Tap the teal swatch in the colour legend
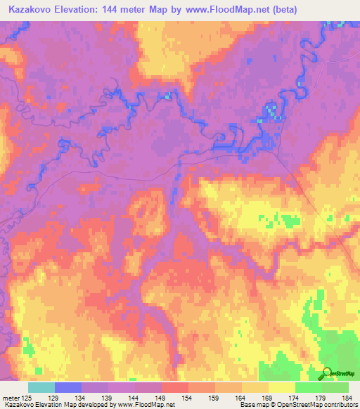coord(41,387)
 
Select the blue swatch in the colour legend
coord(67,387)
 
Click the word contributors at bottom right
coord(340,404)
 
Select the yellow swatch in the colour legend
coord(281,387)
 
